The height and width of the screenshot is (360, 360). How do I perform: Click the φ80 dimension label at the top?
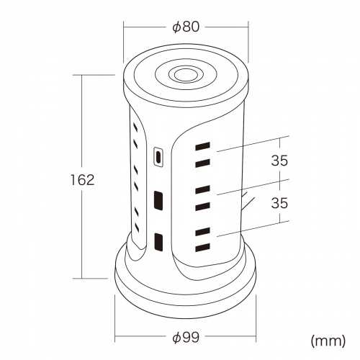pyautogui.click(x=186, y=27)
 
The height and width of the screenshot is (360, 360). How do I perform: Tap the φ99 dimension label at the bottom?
pyautogui.click(x=186, y=338)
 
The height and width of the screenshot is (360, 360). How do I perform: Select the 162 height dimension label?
pyautogui.click(x=82, y=180)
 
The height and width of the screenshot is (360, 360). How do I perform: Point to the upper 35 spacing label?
pyautogui.click(x=279, y=161)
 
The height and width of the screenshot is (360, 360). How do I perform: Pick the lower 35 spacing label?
pyautogui.click(x=279, y=203)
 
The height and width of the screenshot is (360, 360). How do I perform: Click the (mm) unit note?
pyautogui.click(x=328, y=341)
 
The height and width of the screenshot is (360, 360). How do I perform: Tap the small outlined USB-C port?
pyautogui.click(x=158, y=156)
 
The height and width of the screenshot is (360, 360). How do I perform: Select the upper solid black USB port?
pyautogui.click(x=158, y=201)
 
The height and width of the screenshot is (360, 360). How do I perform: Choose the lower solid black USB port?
pyautogui.click(x=158, y=242)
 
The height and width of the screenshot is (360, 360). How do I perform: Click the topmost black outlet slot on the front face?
pyautogui.click(x=203, y=146)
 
